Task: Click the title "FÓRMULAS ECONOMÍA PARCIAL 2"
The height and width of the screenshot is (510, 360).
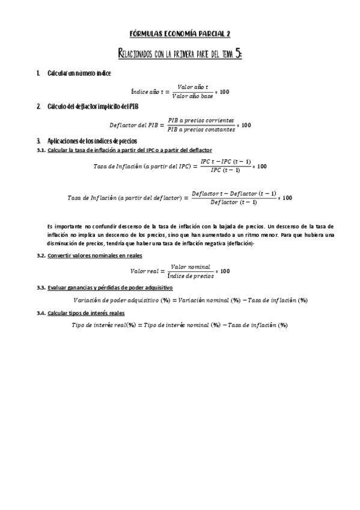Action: click(180, 34)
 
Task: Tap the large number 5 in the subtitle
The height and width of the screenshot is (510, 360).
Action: click(239, 54)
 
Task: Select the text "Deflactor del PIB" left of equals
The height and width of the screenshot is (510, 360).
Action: click(133, 125)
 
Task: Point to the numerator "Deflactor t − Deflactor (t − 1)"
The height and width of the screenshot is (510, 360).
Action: click(234, 194)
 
